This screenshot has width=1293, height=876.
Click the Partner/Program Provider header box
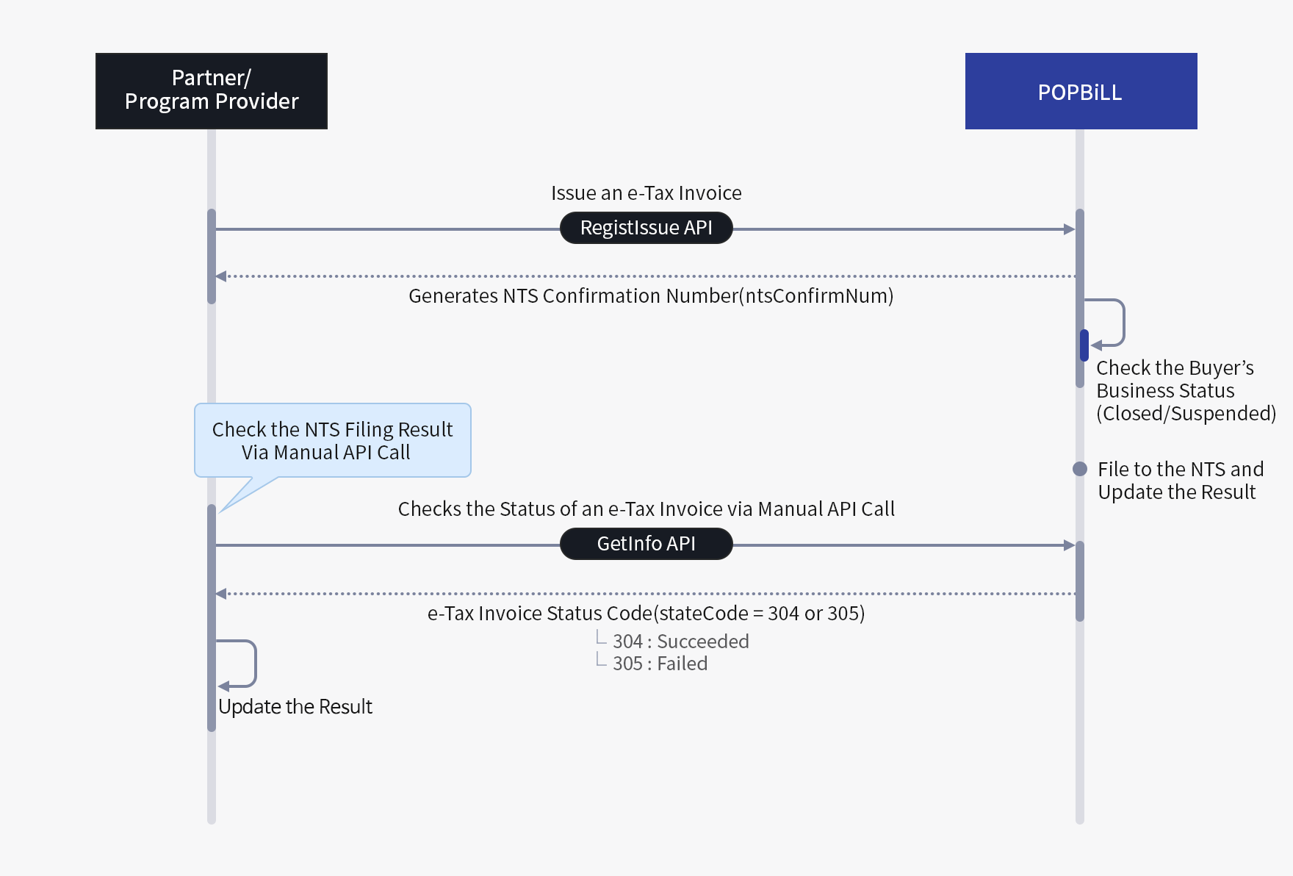[x=212, y=91]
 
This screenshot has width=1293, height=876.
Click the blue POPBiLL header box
[x=1081, y=91]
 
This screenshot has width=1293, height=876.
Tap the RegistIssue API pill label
[x=646, y=228]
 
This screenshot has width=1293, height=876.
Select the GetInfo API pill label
[x=646, y=544]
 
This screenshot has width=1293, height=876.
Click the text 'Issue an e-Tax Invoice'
[x=646, y=193]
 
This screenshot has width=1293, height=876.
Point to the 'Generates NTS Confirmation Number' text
[x=651, y=296]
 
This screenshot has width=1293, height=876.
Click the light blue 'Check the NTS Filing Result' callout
[x=332, y=440]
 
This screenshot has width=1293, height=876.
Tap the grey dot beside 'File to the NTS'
[x=1080, y=469]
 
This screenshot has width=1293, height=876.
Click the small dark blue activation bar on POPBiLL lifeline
[x=1084, y=345]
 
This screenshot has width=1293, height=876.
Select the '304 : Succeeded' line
[x=680, y=642]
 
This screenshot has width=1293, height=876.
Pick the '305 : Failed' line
[x=660, y=664]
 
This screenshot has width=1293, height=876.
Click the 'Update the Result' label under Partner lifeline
[x=295, y=707]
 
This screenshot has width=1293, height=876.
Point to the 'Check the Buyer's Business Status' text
[x=1185, y=390]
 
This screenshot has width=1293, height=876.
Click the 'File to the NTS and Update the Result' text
[x=1180, y=481]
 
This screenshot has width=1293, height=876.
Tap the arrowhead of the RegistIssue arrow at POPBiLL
[x=1070, y=229]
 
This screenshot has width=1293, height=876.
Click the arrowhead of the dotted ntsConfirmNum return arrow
[x=221, y=276]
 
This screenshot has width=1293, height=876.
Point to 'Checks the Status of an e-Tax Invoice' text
[x=646, y=509]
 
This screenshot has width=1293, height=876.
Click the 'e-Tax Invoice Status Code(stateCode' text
[x=646, y=614]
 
